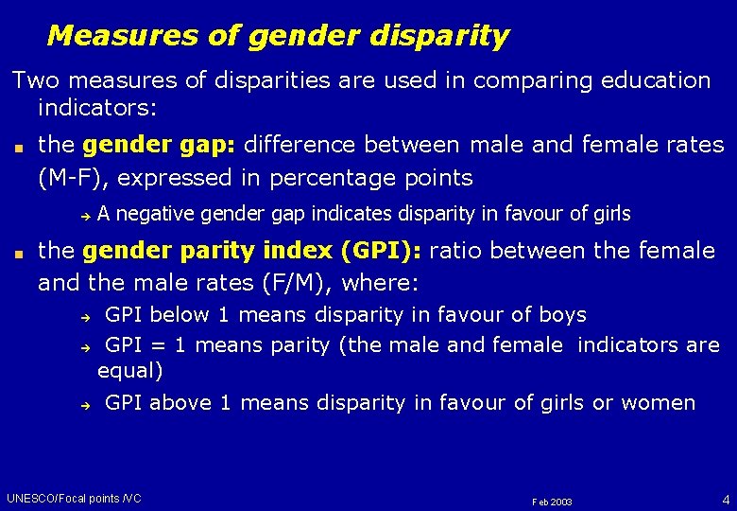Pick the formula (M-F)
(x=72, y=177)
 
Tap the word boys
(x=562, y=315)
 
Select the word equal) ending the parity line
(x=130, y=370)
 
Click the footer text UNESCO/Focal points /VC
(x=74, y=498)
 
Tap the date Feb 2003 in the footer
(x=552, y=501)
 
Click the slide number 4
(x=725, y=498)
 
